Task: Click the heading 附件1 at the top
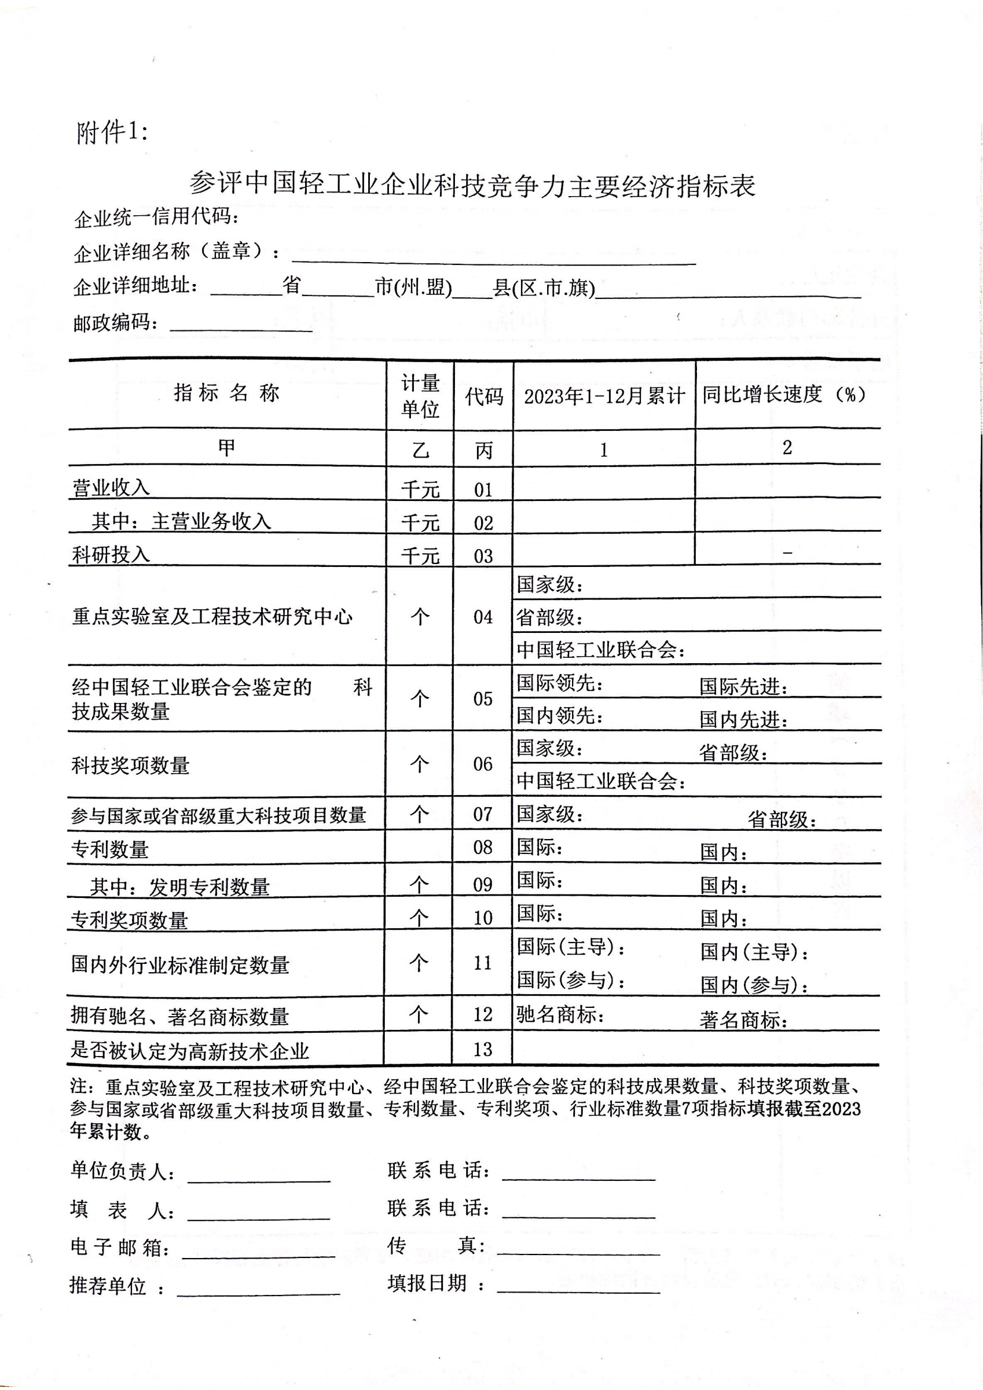112,132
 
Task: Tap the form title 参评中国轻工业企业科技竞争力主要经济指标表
472,185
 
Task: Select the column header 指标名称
227,393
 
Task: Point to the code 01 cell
483,489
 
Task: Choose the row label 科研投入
111,554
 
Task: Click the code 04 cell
483,617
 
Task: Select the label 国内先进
744,719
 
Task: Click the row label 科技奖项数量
130,766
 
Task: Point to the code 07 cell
482,814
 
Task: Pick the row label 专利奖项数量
130,920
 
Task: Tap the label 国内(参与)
754,985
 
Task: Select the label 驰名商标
560,1014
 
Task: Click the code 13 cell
482,1049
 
